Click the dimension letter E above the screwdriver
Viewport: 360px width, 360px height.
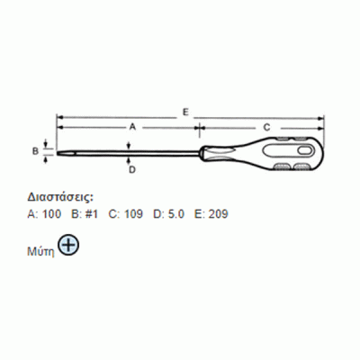(x=185, y=112)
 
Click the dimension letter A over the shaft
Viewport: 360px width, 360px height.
(x=132, y=127)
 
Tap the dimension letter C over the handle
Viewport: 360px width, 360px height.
(x=266, y=127)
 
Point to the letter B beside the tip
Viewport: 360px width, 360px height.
(x=35, y=151)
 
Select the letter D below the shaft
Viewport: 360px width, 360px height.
(x=132, y=170)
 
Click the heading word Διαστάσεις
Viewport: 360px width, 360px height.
(x=61, y=197)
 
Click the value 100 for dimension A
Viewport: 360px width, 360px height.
(x=52, y=214)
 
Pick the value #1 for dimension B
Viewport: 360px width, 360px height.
(x=92, y=214)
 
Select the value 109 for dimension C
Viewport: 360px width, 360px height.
(x=134, y=214)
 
